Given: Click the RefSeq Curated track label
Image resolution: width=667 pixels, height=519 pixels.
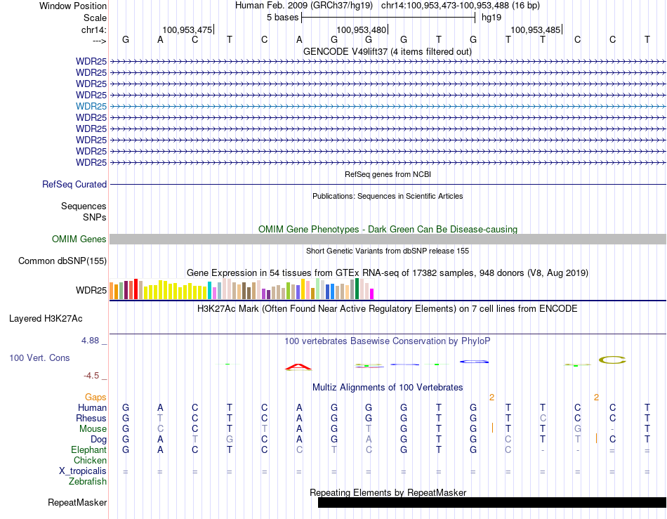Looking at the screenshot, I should point(74,184).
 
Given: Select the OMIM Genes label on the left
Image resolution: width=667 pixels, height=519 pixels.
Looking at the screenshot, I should point(79,239).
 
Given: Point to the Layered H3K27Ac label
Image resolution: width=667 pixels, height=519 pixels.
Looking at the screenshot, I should point(46,318).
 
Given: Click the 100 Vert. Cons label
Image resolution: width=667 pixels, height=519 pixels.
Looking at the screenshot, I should point(39,358).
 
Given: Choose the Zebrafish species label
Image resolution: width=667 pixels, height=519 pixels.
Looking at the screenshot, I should point(88,482).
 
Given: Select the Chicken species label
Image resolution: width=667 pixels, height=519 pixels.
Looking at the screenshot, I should point(90,461).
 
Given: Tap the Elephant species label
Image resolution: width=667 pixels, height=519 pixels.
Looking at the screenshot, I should point(88,450).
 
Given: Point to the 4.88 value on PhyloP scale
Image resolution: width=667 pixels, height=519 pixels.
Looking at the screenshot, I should point(93,341).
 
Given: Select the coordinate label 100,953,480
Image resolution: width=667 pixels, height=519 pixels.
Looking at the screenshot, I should point(361,29).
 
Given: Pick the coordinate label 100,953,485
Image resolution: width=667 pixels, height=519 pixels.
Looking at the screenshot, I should point(535,29).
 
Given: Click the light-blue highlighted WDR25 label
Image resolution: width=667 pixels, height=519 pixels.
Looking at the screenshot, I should point(91,106).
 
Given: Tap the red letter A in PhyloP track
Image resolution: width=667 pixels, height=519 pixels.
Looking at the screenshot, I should point(299,367).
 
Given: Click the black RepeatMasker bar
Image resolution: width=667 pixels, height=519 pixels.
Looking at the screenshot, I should point(491,502).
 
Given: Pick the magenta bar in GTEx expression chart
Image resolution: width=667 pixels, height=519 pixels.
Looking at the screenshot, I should point(372,294).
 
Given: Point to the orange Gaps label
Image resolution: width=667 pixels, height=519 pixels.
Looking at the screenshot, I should point(96,398).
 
